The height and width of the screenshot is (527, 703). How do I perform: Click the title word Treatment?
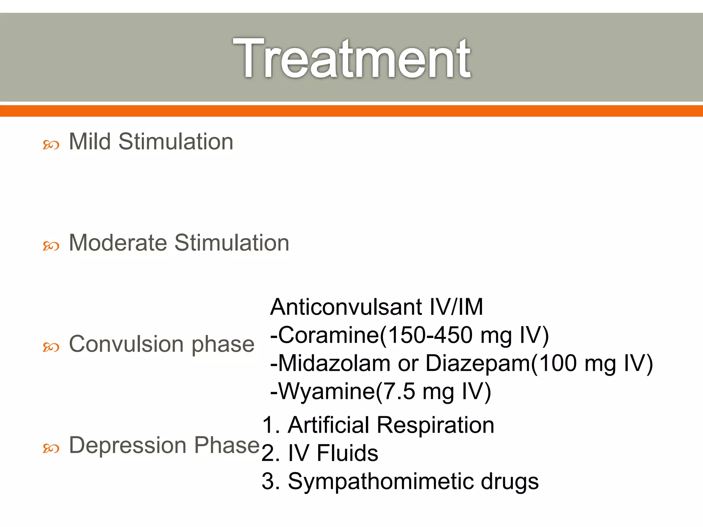[x=351, y=58]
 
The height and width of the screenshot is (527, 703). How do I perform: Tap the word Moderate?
[x=118, y=243]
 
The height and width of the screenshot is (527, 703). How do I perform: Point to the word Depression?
[x=128, y=445]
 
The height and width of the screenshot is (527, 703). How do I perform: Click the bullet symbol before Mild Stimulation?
[x=51, y=145]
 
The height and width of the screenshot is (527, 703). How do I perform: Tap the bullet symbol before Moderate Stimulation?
[x=51, y=246]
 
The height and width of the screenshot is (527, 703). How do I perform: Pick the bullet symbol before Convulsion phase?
[x=51, y=347]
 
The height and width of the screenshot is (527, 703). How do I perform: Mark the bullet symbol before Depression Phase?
[x=51, y=448]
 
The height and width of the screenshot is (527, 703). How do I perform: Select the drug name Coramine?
[x=329, y=335]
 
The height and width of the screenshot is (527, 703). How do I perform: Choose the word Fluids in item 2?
[x=347, y=453]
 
